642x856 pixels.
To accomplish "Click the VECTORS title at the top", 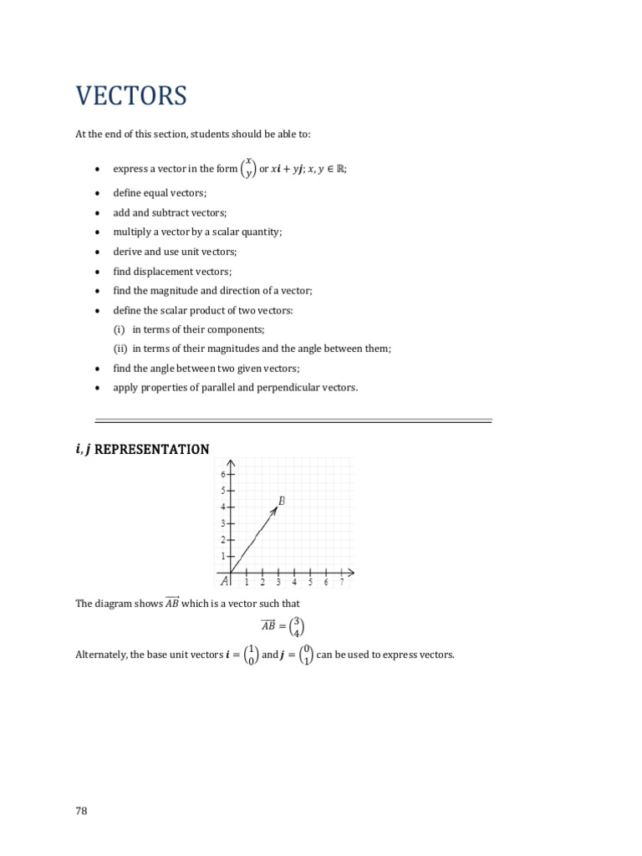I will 131,96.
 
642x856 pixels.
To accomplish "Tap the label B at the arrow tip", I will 282,501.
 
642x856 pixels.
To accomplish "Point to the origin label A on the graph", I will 224,582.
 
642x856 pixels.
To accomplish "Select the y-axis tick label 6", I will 223,474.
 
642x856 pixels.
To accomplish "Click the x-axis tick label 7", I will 341,583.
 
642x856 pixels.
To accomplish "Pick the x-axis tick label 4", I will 294,583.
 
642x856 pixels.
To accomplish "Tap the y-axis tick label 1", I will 223,556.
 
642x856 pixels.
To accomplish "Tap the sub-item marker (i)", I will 120,329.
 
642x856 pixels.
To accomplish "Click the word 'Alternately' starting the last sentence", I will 100,655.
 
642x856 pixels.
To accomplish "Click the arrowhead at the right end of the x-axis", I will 350,573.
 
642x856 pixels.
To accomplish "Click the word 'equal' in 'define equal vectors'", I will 157,194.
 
